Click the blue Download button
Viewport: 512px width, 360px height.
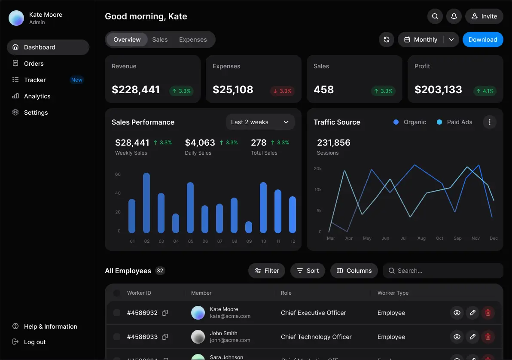482,40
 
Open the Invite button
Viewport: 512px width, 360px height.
484,16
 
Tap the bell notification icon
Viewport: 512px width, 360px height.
454,16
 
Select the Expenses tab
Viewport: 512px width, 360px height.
193,40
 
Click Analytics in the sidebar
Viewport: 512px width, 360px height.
37,96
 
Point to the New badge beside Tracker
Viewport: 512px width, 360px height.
77,80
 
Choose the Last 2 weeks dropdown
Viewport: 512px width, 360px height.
260,122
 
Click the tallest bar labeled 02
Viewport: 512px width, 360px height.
146,203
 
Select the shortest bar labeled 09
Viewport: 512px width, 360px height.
249,227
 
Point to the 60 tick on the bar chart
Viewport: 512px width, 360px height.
118,174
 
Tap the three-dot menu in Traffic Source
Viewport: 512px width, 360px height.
490,122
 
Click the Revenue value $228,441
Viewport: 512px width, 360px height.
136,90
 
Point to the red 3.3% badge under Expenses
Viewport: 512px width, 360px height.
282,91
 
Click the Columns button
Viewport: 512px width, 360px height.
354,271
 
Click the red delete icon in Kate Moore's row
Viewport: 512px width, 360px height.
488,313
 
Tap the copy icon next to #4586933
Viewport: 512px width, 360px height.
165,337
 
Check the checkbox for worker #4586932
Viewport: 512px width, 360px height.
117,313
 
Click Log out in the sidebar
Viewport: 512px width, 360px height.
34,342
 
